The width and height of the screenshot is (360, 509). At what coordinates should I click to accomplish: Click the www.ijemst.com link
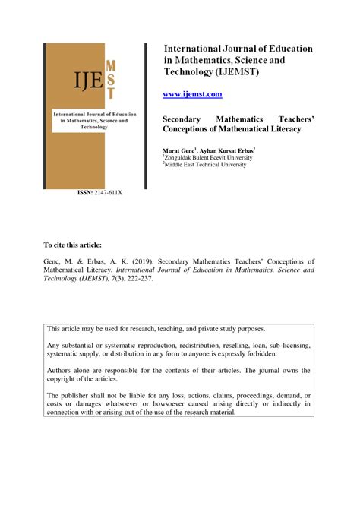[x=193, y=93]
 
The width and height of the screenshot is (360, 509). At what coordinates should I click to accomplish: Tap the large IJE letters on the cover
[x=69, y=77]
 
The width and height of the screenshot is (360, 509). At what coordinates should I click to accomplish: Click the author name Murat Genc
[x=179, y=152]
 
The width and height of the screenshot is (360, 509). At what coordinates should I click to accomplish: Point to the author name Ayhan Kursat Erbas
[x=228, y=152]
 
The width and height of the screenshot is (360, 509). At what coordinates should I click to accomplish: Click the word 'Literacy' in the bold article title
[x=279, y=129]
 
